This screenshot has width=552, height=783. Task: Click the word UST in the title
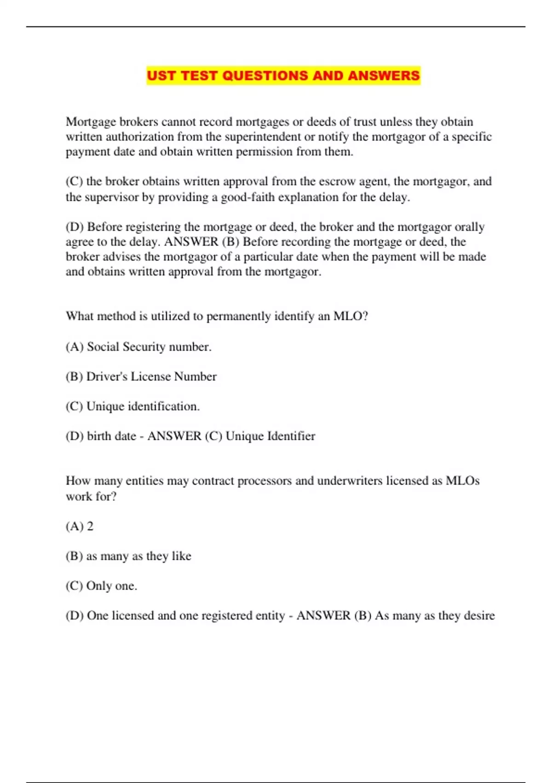161,76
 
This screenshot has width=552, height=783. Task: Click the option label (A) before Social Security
75,347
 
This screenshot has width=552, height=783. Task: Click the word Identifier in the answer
293,436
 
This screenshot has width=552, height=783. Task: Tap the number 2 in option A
90,526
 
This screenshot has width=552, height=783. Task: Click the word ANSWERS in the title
384,76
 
